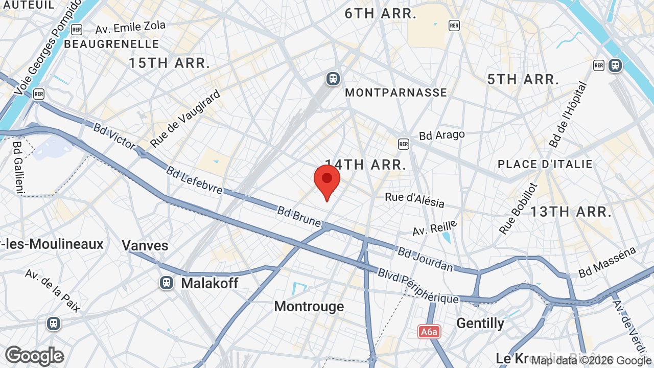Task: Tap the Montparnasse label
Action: point(396,93)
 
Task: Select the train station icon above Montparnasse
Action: point(333,79)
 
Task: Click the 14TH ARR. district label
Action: point(366,165)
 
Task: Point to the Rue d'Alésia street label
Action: point(414,200)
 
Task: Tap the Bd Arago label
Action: point(442,135)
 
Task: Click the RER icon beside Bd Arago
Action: point(404,144)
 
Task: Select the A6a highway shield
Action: point(430,332)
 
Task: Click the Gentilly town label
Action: point(480,323)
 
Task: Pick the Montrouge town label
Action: point(309,306)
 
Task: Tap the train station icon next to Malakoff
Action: point(166,283)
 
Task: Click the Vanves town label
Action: point(145,245)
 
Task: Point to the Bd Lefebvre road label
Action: point(194,180)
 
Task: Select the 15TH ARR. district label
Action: point(169,63)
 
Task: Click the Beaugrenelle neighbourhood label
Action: point(111,44)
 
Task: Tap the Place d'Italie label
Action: point(545,164)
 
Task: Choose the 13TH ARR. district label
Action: point(571,212)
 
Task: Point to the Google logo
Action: point(34,356)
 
